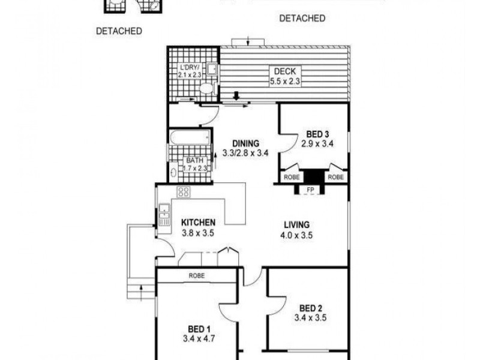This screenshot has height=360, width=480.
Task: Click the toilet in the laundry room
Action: (x=206, y=89)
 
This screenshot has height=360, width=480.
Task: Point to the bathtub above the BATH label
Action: (x=190, y=137)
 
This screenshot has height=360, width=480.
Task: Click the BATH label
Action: (x=194, y=160)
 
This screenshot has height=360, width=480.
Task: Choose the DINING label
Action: (x=245, y=143)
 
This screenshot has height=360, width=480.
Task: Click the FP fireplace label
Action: (x=310, y=190)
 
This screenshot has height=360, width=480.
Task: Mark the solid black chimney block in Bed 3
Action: (x=311, y=178)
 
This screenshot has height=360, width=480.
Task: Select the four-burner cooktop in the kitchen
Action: (x=184, y=192)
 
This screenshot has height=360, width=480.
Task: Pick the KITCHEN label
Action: (x=198, y=223)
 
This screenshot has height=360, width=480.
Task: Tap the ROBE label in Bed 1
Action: (x=197, y=276)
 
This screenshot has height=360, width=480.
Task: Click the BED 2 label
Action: (x=309, y=308)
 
